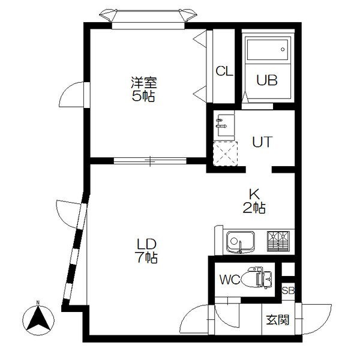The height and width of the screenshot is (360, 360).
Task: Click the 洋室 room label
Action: (144, 82)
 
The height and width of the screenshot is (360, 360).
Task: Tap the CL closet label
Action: (224, 71)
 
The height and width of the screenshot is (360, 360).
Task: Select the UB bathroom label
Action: (267, 80)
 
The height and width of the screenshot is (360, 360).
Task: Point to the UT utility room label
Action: (262, 143)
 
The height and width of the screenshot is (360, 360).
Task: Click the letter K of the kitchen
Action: (254, 194)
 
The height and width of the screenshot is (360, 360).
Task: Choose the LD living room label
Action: (146, 244)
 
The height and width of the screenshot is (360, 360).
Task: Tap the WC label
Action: (229, 279)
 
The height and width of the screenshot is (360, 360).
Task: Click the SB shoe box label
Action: (288, 290)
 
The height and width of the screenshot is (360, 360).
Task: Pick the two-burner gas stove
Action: (278, 242)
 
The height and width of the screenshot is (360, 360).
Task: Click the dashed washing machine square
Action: (226, 152)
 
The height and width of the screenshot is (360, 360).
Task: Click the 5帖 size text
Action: (144, 96)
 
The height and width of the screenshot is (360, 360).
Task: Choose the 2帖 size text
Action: (255, 208)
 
